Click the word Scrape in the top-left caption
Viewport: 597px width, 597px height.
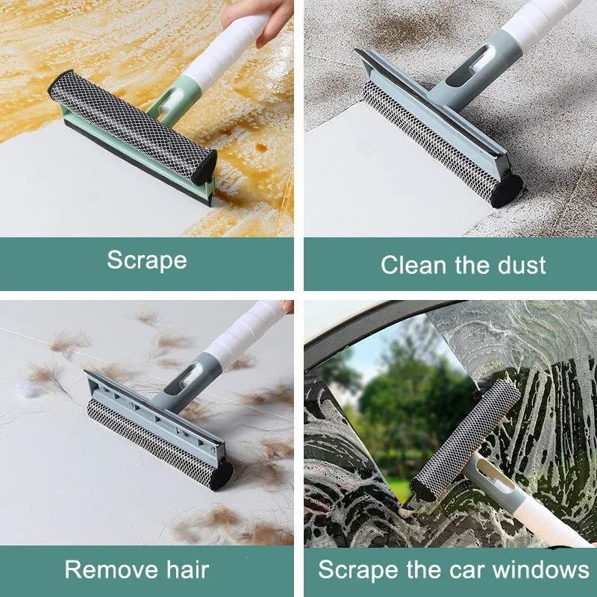click(x=146, y=260)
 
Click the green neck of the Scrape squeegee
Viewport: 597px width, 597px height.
click(x=168, y=104)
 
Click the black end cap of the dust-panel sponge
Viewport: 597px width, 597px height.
click(x=507, y=189)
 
